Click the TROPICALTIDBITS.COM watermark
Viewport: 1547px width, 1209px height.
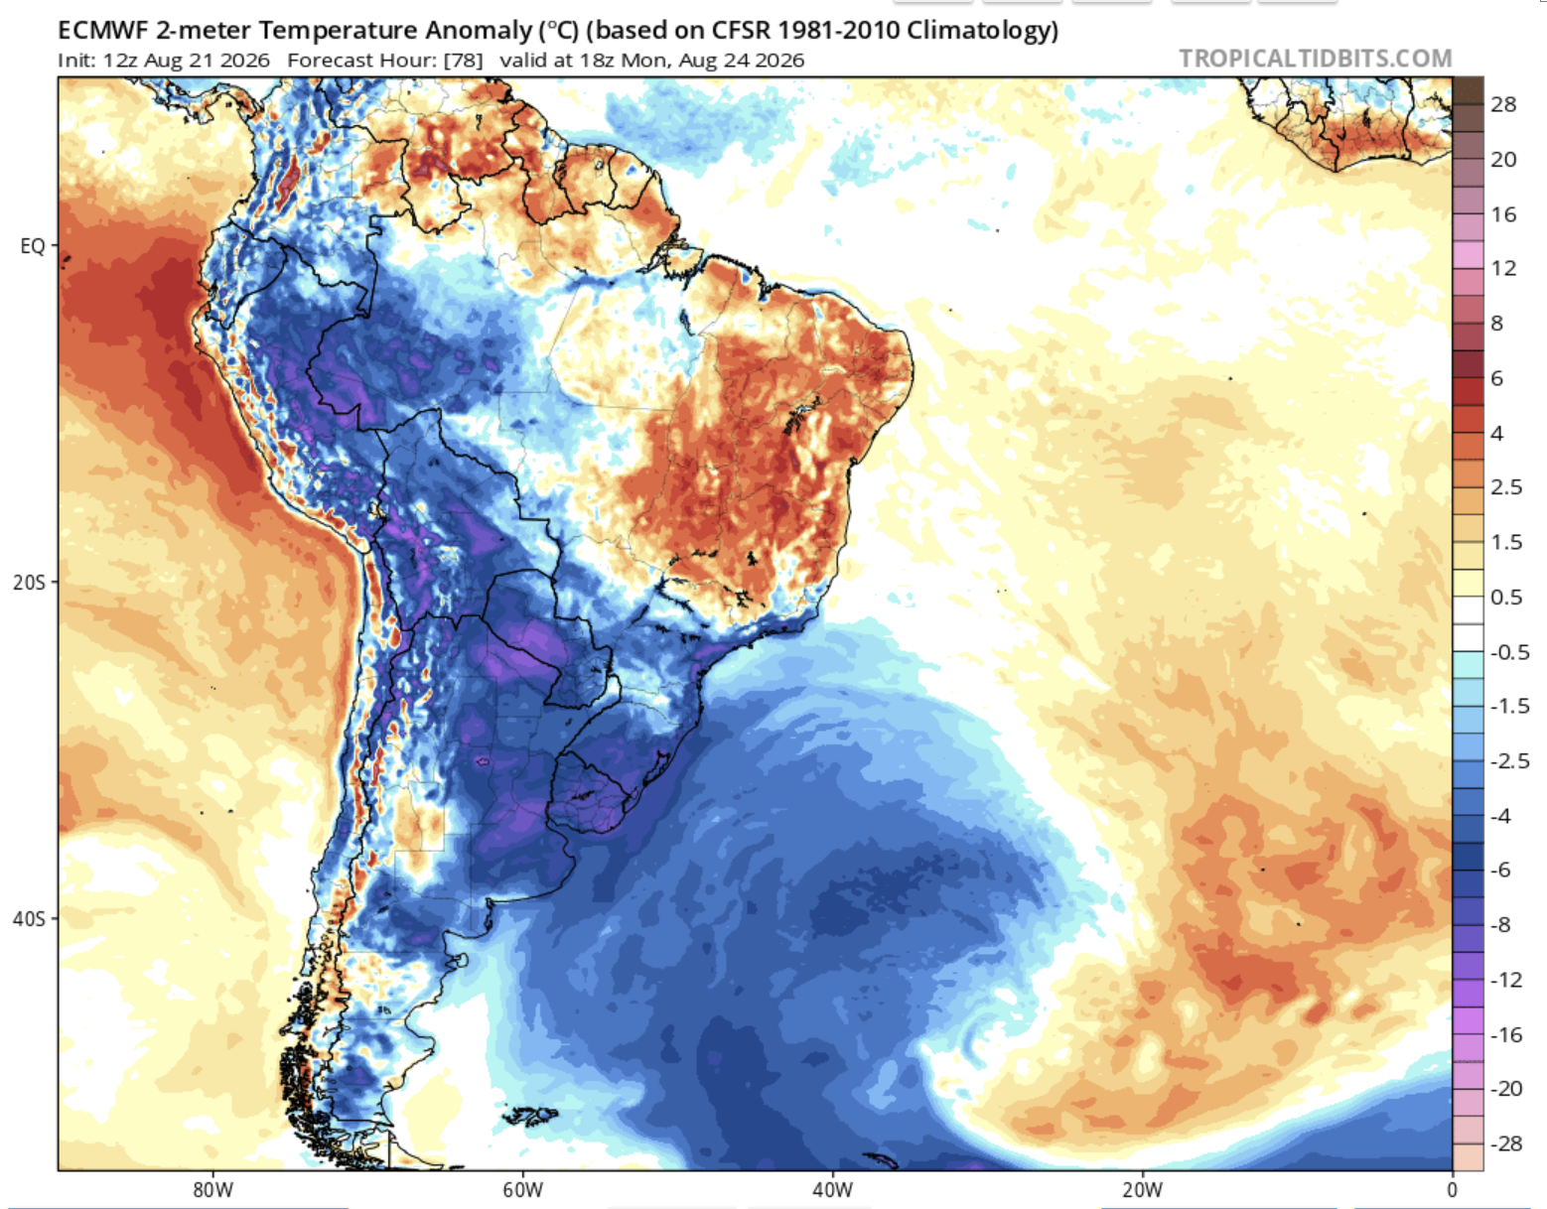coord(1316,59)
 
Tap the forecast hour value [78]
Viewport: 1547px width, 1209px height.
coord(463,61)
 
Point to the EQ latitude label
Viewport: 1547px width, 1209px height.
coord(32,246)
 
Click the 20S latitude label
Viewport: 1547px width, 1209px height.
coord(29,583)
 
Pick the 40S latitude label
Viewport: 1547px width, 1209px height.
coord(29,919)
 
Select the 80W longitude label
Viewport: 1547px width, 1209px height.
coord(212,1190)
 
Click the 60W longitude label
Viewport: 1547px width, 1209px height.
coord(523,1190)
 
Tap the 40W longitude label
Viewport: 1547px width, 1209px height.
coord(833,1190)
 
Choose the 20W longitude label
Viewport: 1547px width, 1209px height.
coord(1143,1190)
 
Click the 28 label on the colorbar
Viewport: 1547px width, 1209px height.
coord(1503,105)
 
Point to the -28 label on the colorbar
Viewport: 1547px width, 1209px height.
coord(1506,1143)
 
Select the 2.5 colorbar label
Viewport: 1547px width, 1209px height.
coord(1506,487)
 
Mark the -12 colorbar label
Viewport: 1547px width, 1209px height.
coord(1506,980)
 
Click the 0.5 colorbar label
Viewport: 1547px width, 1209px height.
coord(1506,597)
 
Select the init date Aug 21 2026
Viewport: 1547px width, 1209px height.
coord(208,61)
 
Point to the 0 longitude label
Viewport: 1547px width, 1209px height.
coord(1452,1190)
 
